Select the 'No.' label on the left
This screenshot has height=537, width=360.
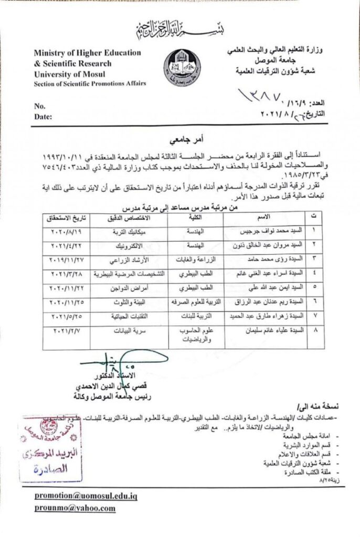40,106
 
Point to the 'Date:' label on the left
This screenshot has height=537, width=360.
44,116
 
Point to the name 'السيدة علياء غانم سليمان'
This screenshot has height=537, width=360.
266,331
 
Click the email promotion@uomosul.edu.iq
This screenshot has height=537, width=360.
86,496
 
